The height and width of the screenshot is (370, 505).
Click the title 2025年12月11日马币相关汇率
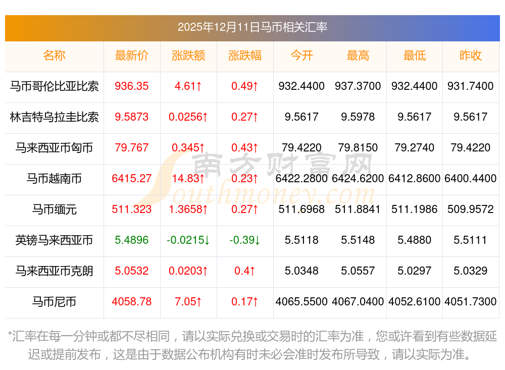(x=252, y=27)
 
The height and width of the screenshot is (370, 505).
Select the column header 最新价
(x=131, y=56)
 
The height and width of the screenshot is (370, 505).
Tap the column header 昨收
(x=471, y=56)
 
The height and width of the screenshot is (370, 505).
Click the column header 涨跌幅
(x=245, y=56)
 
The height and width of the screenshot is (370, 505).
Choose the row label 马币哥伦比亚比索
(x=54, y=86)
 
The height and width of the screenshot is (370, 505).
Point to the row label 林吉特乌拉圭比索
(x=54, y=117)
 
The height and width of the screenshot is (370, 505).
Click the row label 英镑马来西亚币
(x=54, y=240)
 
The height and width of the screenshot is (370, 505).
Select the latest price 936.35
(x=132, y=86)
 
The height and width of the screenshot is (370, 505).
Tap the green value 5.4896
(x=132, y=240)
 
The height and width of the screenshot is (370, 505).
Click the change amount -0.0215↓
(x=188, y=240)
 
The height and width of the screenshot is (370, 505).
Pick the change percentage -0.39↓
(x=245, y=240)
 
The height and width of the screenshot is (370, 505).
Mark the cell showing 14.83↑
(x=188, y=179)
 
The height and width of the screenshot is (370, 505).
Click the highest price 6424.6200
(x=358, y=179)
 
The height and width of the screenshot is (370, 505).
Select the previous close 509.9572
(x=471, y=209)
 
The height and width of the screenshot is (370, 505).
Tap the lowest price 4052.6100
(x=415, y=302)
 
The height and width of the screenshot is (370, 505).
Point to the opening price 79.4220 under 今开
(x=301, y=148)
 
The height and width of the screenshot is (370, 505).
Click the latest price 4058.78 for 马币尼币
(x=132, y=302)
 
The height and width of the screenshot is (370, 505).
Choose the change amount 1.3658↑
(x=188, y=209)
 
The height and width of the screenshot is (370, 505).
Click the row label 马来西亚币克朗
(x=54, y=271)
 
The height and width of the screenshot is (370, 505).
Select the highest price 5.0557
(x=358, y=271)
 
